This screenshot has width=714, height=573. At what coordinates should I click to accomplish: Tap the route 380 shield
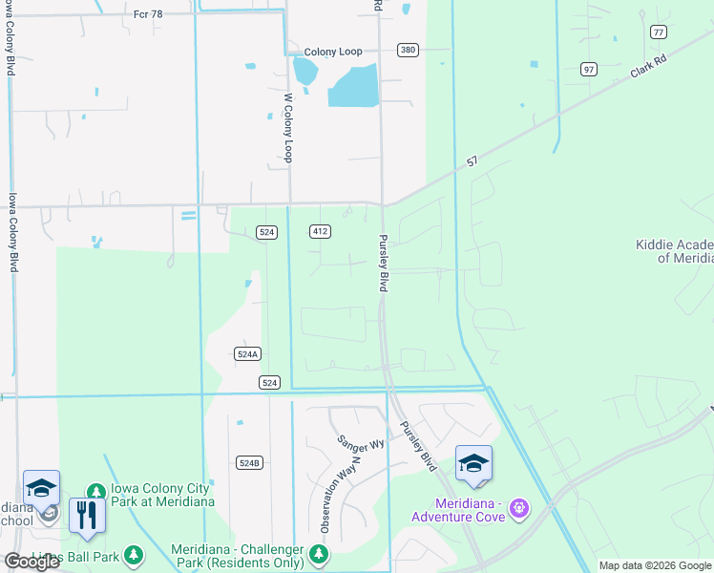tap(408, 50)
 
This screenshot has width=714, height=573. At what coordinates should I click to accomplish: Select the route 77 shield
tap(658, 32)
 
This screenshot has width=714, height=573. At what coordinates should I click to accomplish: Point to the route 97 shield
tap(589, 69)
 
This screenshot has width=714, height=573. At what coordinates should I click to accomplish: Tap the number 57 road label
tap(472, 162)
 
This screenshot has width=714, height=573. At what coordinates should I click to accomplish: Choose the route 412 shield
tap(321, 231)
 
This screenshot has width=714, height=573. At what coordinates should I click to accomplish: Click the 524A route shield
tap(247, 353)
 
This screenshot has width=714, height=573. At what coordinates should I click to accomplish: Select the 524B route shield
tap(248, 462)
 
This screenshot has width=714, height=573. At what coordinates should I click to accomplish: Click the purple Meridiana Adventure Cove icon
tap(518, 506)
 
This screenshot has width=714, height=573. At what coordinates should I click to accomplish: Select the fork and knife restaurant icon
tap(87, 515)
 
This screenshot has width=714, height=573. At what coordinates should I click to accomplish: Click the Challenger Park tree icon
tap(319, 554)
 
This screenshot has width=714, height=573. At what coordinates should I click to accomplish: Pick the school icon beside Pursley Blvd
tap(473, 463)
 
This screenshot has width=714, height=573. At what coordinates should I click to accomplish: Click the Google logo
tap(31, 562)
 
